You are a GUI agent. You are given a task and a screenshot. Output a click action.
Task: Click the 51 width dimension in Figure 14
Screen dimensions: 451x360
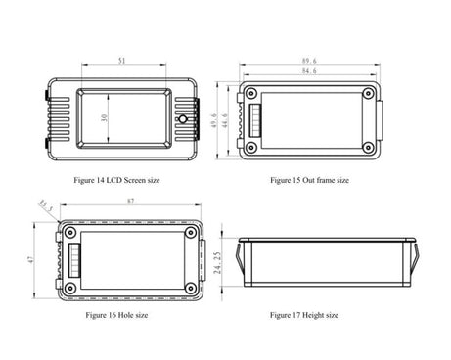[121, 61]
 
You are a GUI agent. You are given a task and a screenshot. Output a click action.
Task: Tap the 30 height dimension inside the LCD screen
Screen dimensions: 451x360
[104, 117]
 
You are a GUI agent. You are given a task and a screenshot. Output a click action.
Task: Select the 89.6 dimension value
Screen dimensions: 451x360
[309, 61]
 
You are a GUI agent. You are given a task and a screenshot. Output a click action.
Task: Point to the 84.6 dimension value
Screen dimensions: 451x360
[309, 70]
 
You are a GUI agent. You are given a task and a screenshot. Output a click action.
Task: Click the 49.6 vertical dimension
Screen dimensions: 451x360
[214, 120]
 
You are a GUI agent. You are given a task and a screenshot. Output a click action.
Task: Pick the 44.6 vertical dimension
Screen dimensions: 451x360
[225, 120]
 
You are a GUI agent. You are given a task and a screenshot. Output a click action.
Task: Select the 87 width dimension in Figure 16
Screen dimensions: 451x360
[130, 202]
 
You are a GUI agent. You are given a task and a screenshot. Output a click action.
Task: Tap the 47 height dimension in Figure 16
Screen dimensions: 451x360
[30, 259]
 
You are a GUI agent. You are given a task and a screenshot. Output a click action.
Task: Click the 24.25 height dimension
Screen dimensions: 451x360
[218, 262]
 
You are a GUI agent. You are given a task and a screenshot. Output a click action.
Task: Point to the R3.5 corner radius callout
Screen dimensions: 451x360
[46, 206]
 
